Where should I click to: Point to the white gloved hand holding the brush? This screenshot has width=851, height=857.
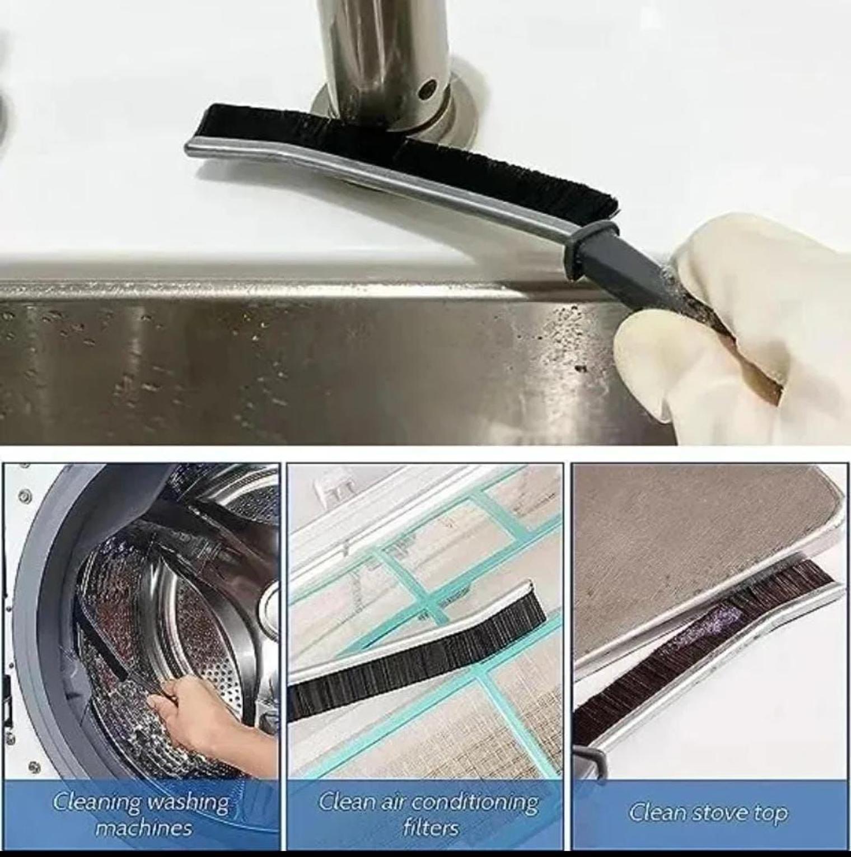(739, 325)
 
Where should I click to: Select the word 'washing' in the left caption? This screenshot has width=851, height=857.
(188, 803)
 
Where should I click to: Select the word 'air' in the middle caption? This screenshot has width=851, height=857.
(390, 803)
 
